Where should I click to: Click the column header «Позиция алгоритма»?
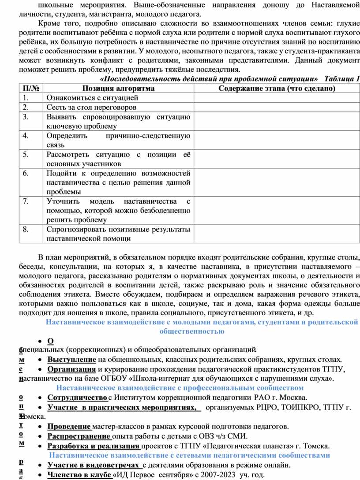click(118, 89)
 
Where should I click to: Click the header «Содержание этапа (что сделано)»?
click(277, 89)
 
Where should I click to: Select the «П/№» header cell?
click(31, 89)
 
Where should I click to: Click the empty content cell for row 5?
click(277, 159)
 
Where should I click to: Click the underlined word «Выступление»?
click(72, 360)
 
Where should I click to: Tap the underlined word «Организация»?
click(71, 369)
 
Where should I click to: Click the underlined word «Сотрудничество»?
click(78, 398)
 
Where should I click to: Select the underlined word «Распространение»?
click(79, 436)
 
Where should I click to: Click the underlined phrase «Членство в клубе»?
click(79, 474)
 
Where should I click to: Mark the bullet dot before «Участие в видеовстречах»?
click(40, 465)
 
